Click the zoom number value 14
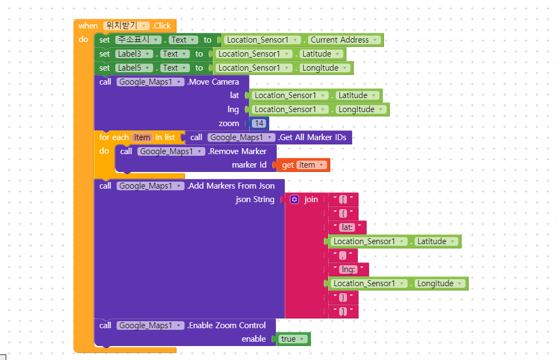259,123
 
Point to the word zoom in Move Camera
228,123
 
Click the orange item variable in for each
142,137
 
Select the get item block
303,165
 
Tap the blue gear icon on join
294,199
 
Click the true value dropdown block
293,339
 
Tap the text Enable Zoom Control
226,326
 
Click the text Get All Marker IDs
312,137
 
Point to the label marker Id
249,165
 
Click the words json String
255,199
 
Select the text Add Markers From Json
231,186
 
